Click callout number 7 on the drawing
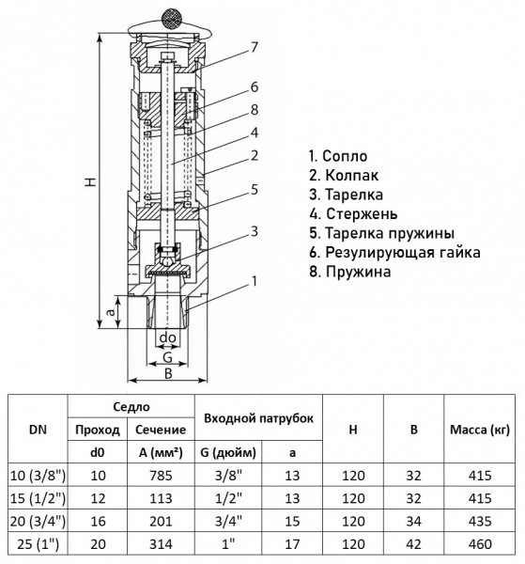[254, 47]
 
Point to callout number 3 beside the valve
[254, 231]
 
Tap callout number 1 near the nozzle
[254, 281]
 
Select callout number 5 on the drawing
[254, 189]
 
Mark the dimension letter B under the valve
[167, 373]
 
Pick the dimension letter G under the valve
[167, 357]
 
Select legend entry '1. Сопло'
[338, 156]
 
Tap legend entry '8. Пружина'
[350, 272]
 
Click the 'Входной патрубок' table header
[253, 416]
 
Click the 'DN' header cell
[37, 429]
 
